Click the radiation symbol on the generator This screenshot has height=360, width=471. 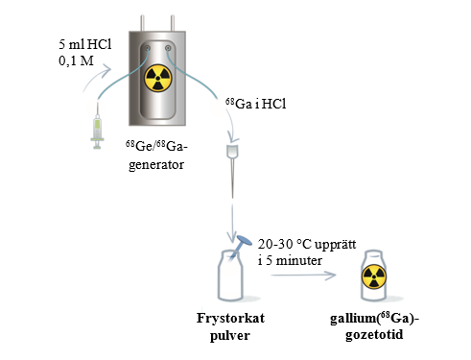pyautogui.click(x=158, y=79)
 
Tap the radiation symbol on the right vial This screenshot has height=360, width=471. pyautogui.click(x=374, y=276)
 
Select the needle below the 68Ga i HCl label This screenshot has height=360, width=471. pyautogui.click(x=233, y=170)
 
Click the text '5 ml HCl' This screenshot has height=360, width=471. pyautogui.click(x=85, y=44)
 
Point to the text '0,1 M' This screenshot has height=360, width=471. pyautogui.click(x=76, y=60)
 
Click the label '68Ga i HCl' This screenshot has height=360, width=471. pyautogui.click(x=256, y=104)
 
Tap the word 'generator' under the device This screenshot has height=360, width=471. pyautogui.click(x=156, y=164)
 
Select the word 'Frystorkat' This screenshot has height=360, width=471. pyautogui.click(x=230, y=318)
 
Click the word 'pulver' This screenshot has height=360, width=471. pyautogui.click(x=230, y=335)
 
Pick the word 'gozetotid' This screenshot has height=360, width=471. pyautogui.click(x=374, y=335)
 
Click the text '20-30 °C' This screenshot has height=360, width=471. pyautogui.click(x=285, y=244)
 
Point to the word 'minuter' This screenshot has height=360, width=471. pyautogui.click(x=299, y=260)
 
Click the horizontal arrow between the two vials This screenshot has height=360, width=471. pyautogui.click(x=303, y=275)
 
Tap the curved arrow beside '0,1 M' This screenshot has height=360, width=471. pyautogui.click(x=96, y=78)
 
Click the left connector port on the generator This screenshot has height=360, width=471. pyautogui.click(x=148, y=48)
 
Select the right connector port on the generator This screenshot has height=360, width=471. pyautogui.click(x=168, y=48)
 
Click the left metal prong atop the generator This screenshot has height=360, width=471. pyautogui.click(x=142, y=23)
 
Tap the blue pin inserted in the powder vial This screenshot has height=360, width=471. pyautogui.click(x=240, y=245)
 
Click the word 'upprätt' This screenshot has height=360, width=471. pyautogui.click(x=336, y=245)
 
